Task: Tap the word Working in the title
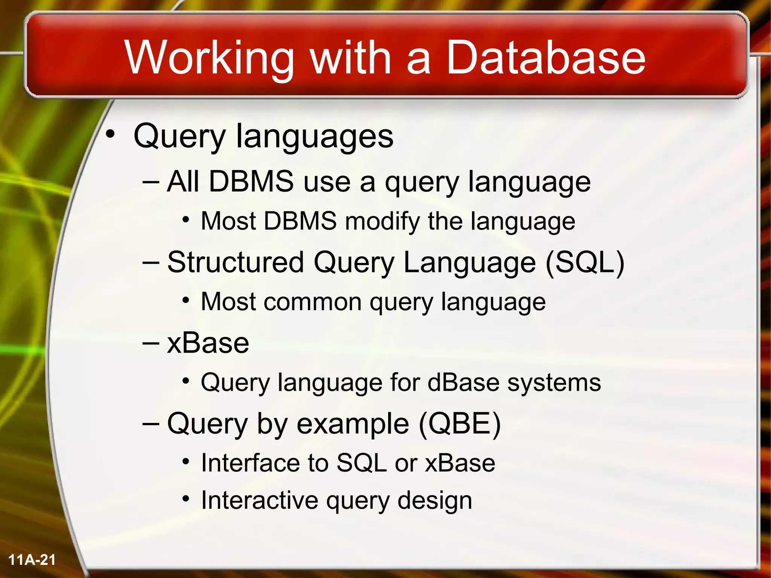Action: tap(209, 58)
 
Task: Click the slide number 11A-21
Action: tap(32, 560)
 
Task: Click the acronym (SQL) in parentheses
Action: tap(585, 263)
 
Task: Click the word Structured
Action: tap(235, 262)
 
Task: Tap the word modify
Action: tap(382, 222)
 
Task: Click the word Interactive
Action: tap(260, 501)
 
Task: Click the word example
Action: tap(353, 424)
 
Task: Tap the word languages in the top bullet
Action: tap(314, 136)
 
